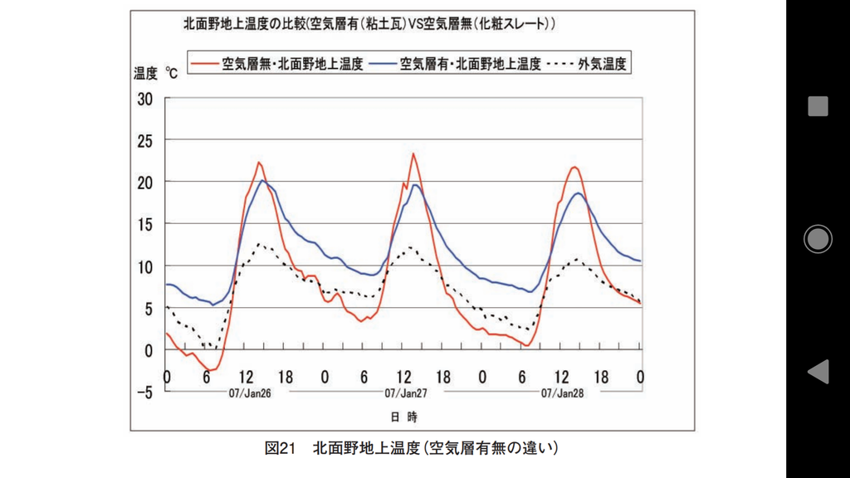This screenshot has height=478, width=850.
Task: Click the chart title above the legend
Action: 369,26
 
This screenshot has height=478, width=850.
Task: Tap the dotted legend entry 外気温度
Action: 591,63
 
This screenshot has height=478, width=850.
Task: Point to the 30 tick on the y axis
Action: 145,98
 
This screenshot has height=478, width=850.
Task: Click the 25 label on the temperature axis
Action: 145,140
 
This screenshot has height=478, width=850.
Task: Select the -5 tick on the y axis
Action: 144,393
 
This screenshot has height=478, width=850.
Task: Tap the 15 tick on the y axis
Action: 145,224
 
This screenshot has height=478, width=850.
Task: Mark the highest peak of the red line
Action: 413,154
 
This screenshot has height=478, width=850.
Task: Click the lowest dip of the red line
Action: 212,370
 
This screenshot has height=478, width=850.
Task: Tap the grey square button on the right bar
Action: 818,106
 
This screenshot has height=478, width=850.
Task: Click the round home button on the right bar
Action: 818,239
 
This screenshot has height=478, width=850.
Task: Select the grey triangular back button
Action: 818,372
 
